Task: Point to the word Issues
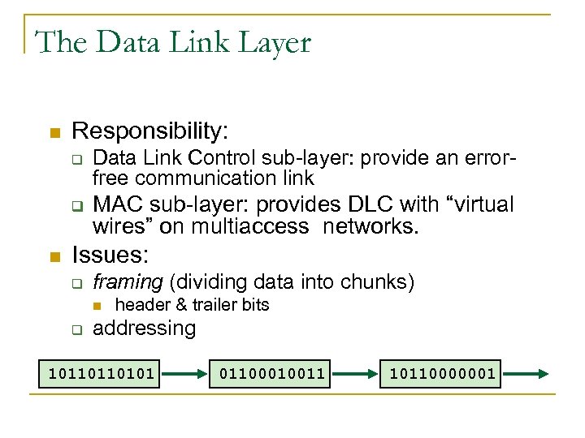pos(110,256)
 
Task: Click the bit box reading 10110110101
pos(101,374)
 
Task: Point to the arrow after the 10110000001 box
pos(529,374)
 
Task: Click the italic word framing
pos(127,282)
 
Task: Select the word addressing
pos(145,328)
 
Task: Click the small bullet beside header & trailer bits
pos(97,306)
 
